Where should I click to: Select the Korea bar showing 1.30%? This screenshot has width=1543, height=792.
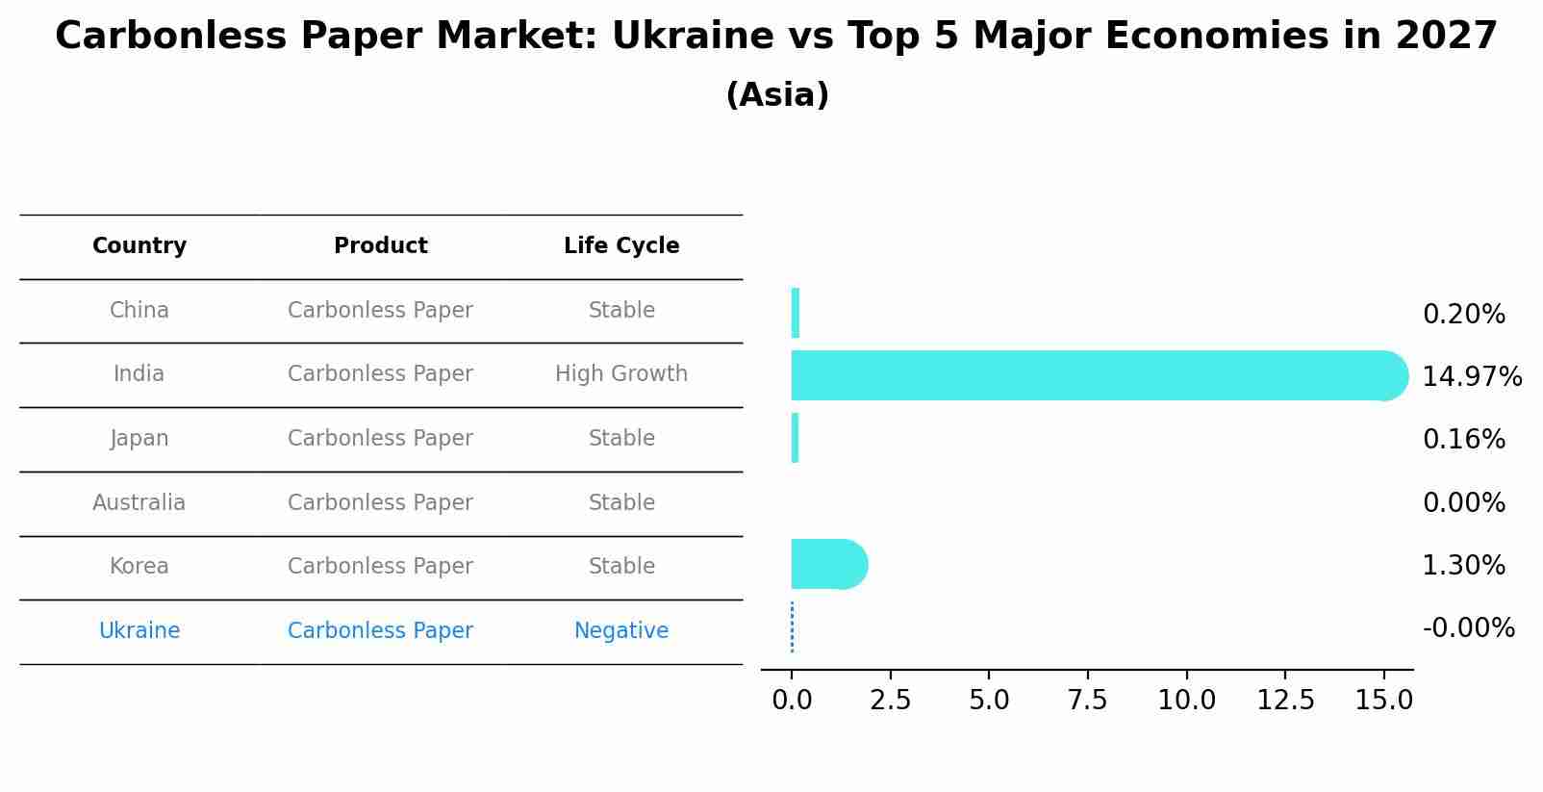827,564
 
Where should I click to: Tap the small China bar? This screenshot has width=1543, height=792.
796,313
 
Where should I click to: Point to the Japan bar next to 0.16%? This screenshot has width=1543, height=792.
795,438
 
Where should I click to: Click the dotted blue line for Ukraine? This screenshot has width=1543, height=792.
792,627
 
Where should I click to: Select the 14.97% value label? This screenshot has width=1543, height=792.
1472,376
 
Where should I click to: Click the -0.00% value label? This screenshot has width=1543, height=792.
1468,628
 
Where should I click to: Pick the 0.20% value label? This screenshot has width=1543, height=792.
1463,315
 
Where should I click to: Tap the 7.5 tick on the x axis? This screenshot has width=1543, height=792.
1088,701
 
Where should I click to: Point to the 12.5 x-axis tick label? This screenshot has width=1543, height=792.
1285,701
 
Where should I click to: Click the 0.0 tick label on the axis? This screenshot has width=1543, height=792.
792,701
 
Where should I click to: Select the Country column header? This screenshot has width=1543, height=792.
139,246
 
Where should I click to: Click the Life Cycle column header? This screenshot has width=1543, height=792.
621,246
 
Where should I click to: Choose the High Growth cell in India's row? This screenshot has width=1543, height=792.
621,374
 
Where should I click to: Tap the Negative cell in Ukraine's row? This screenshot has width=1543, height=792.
621,631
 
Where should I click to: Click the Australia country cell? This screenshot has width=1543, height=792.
139,503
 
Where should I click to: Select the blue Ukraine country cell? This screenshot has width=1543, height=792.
139,631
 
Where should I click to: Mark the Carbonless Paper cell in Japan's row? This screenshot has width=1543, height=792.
380,439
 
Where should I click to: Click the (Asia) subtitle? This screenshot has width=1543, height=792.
777,95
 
